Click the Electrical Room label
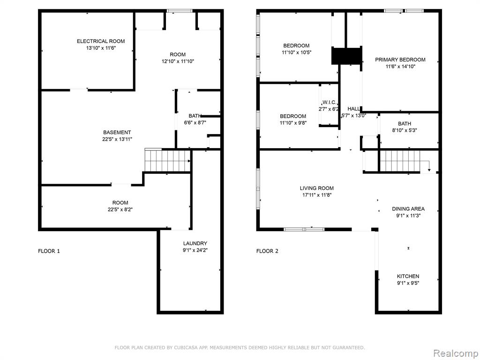[101, 41]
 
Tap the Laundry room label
[195, 243]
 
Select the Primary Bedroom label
[400, 60]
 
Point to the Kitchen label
[408, 276]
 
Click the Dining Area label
[408, 209]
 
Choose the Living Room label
[316, 188]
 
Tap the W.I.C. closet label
[330, 102]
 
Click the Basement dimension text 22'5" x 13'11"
[117, 139]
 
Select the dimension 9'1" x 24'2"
[195, 250]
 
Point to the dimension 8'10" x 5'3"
[405, 130]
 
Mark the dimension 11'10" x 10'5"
[296, 52]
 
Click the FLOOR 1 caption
[49, 251]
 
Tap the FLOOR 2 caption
[267, 251]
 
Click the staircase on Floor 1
[167, 160]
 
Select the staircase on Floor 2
[400, 162]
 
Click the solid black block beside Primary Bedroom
[347, 56]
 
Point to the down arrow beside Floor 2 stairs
[429, 165]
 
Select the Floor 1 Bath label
[195, 116]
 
